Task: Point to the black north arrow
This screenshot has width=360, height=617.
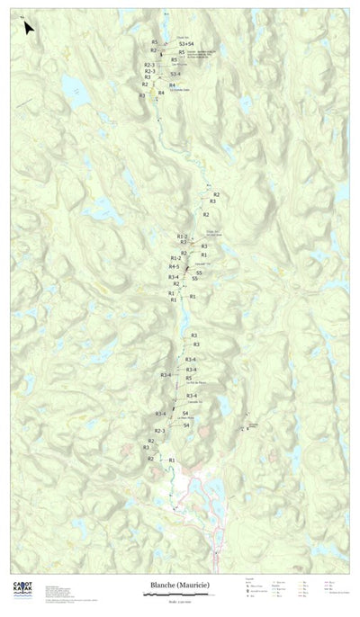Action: coord(29,29)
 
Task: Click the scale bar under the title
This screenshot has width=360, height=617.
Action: coord(180,595)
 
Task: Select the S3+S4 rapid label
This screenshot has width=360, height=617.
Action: coord(186,43)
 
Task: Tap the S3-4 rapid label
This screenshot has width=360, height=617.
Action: coord(175,74)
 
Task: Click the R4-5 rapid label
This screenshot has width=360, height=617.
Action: coord(174,266)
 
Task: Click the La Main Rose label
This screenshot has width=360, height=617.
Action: coord(186,419)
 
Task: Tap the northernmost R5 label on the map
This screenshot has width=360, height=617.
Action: coord(155,42)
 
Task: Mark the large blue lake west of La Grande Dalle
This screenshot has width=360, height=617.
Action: coord(70,85)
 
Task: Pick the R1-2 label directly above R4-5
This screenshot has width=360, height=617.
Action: coord(175,258)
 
